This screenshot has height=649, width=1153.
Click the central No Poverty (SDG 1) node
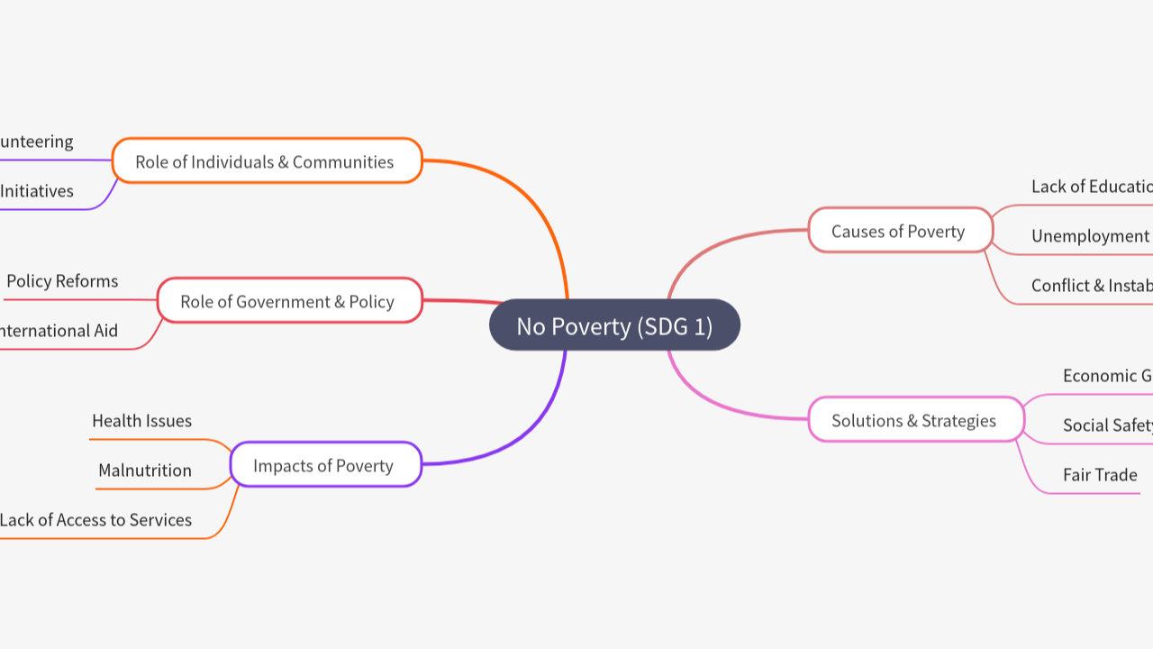(614, 325)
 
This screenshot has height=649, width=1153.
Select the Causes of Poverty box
(900, 231)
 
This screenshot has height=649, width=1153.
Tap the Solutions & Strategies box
(915, 420)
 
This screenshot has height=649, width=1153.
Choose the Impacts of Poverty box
(324, 465)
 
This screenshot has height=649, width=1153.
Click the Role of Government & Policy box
(288, 301)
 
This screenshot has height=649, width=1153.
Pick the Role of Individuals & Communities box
(266, 161)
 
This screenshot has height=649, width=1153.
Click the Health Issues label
(141, 421)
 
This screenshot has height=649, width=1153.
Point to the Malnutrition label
(145, 471)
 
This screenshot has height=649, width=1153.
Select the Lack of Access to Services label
(95, 520)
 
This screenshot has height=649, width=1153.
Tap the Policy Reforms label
(62, 281)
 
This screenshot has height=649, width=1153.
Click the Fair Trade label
(1100, 475)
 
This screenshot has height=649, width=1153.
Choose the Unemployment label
(1090, 236)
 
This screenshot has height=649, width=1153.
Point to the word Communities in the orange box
(343, 161)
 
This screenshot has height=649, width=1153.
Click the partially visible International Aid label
(59, 331)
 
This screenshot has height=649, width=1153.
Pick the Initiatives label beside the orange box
(37, 191)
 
